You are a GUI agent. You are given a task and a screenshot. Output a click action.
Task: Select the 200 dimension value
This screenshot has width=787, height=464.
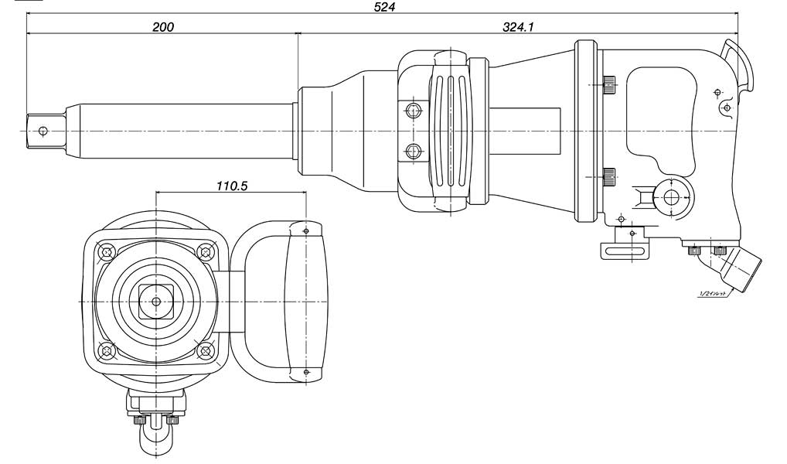coord(163,27)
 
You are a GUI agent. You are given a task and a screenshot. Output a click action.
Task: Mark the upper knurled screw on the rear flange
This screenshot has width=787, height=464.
coord(609,83)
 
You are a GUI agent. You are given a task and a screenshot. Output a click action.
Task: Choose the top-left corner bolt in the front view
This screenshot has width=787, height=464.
coord(107,251)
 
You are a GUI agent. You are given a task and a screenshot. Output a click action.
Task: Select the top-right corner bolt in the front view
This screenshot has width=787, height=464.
coord(206,251)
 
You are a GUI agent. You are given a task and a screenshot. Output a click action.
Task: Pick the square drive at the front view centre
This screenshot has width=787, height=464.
coord(156,300)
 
